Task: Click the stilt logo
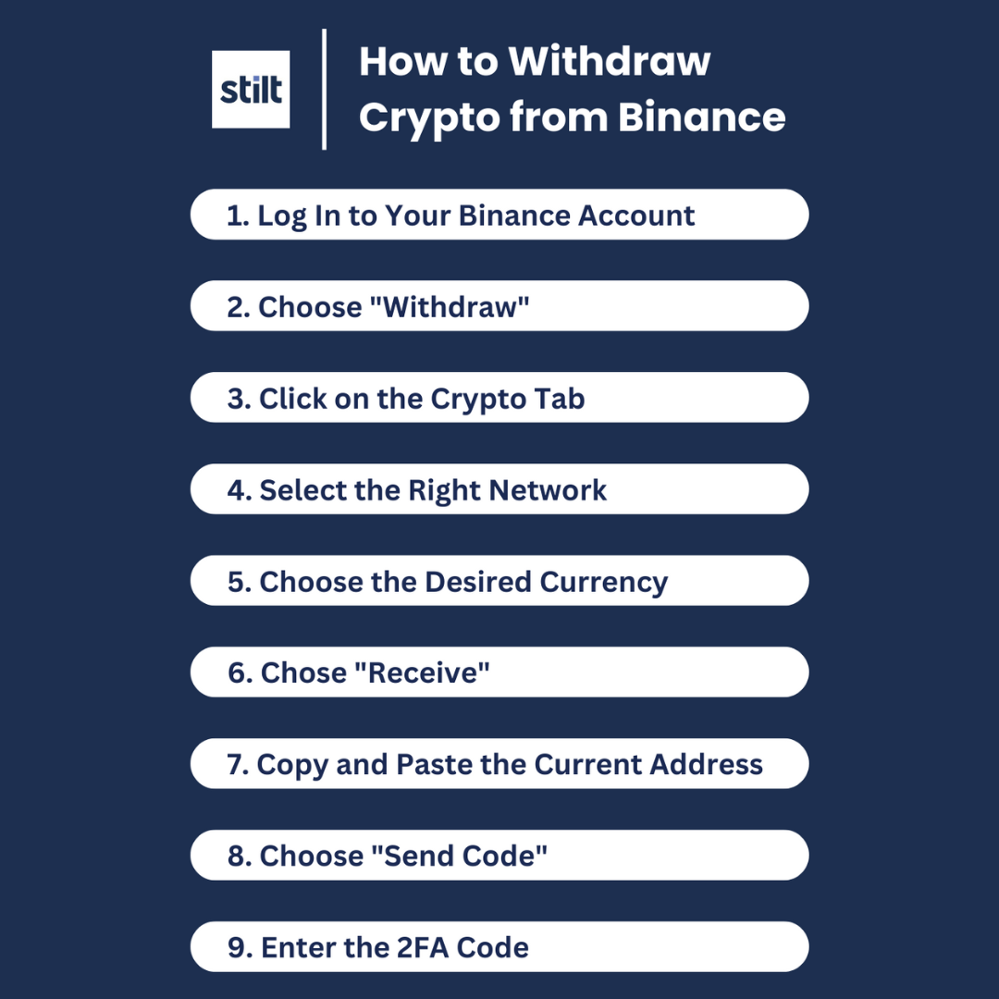251,90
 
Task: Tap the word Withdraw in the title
610,61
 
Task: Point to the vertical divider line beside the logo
324,89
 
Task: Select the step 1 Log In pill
499,215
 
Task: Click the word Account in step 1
636,216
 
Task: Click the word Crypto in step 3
478,399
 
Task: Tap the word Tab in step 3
560,399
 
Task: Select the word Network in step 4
548,490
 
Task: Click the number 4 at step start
237,490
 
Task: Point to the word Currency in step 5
603,582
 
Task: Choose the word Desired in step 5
478,582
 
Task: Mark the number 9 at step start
238,948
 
